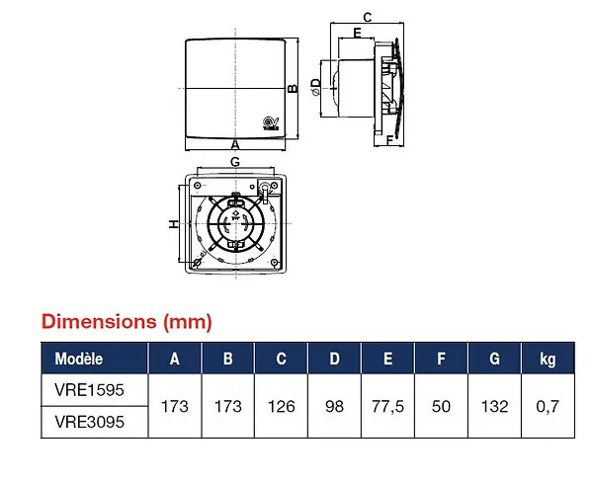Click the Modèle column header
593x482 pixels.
click(79, 359)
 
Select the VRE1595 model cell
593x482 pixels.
click(89, 390)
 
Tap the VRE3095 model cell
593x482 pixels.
click(89, 422)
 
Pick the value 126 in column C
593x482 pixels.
click(281, 406)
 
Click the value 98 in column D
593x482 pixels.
click(334, 406)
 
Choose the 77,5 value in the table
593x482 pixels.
click(387, 407)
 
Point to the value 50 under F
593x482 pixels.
click(441, 406)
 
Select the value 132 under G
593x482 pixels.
click(494, 406)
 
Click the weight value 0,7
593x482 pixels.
click(548, 407)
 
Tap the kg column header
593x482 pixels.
click(548, 360)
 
